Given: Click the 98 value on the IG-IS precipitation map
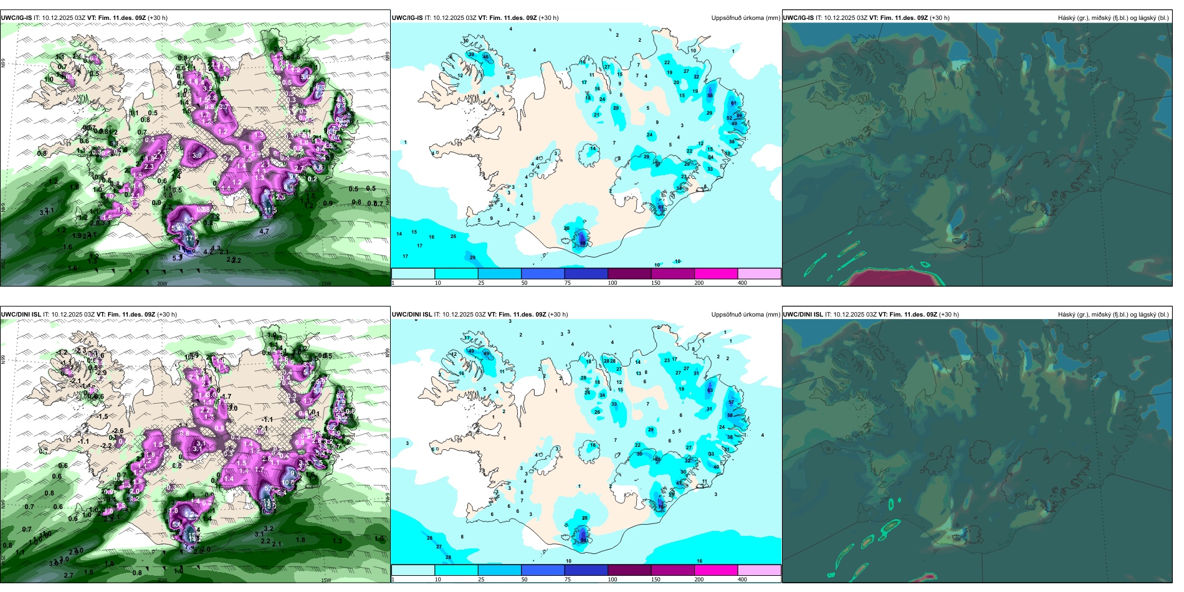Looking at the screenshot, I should coord(583,244).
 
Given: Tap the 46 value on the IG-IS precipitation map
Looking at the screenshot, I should coord(485,57).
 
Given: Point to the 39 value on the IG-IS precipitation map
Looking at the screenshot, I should coord(471,55).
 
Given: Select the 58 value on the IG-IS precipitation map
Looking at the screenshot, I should coord(710,95).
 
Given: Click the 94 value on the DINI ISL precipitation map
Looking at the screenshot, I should coord(584,541).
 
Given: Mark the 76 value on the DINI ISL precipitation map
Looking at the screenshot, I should coord(661,507).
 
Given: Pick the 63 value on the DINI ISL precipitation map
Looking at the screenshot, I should coord(710,391).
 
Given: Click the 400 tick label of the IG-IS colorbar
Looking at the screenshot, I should coord(742,283).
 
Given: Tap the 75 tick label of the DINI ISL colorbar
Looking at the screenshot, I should coord(568,580).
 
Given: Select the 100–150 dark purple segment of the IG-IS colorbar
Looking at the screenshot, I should coord(629,274).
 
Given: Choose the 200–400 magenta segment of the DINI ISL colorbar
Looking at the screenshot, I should coord(716,570).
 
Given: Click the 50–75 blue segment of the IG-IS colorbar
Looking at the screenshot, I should coord(543,274).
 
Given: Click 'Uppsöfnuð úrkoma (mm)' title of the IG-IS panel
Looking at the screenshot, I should coord(745,18).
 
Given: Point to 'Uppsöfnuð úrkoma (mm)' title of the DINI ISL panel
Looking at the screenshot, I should coord(745,315).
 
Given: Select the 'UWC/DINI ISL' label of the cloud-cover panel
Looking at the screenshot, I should coord(803,315).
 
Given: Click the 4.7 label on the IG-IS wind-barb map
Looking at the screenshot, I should coord(264,231).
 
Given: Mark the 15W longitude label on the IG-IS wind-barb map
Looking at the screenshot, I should coord(325,284).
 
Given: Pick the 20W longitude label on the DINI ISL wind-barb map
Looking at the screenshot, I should coord(162,580).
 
